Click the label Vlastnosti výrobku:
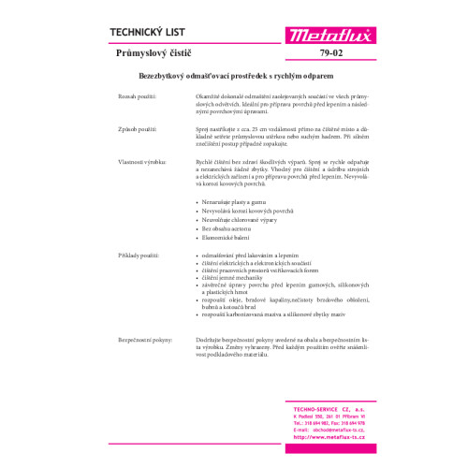click(x=139, y=162)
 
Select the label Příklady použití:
click(x=137, y=255)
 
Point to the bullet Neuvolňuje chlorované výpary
click(x=241, y=220)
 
